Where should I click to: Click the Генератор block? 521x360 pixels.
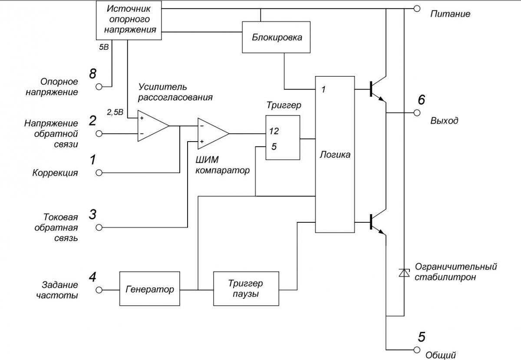149,289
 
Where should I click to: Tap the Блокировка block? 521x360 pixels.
277,37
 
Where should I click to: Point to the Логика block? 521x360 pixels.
335,155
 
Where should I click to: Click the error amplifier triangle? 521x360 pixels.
152,126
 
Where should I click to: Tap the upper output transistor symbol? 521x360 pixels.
376,89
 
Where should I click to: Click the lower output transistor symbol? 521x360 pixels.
376,221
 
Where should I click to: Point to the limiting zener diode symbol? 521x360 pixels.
404,273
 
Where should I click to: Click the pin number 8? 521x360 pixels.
92,74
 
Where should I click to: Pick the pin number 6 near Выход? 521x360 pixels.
421,100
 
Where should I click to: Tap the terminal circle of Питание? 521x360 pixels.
417,8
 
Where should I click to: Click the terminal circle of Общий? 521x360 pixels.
417,350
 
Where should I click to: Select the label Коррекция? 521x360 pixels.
55,173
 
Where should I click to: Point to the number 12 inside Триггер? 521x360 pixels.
274,131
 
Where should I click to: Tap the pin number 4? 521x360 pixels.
92,277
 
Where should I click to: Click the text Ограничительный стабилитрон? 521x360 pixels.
455,272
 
